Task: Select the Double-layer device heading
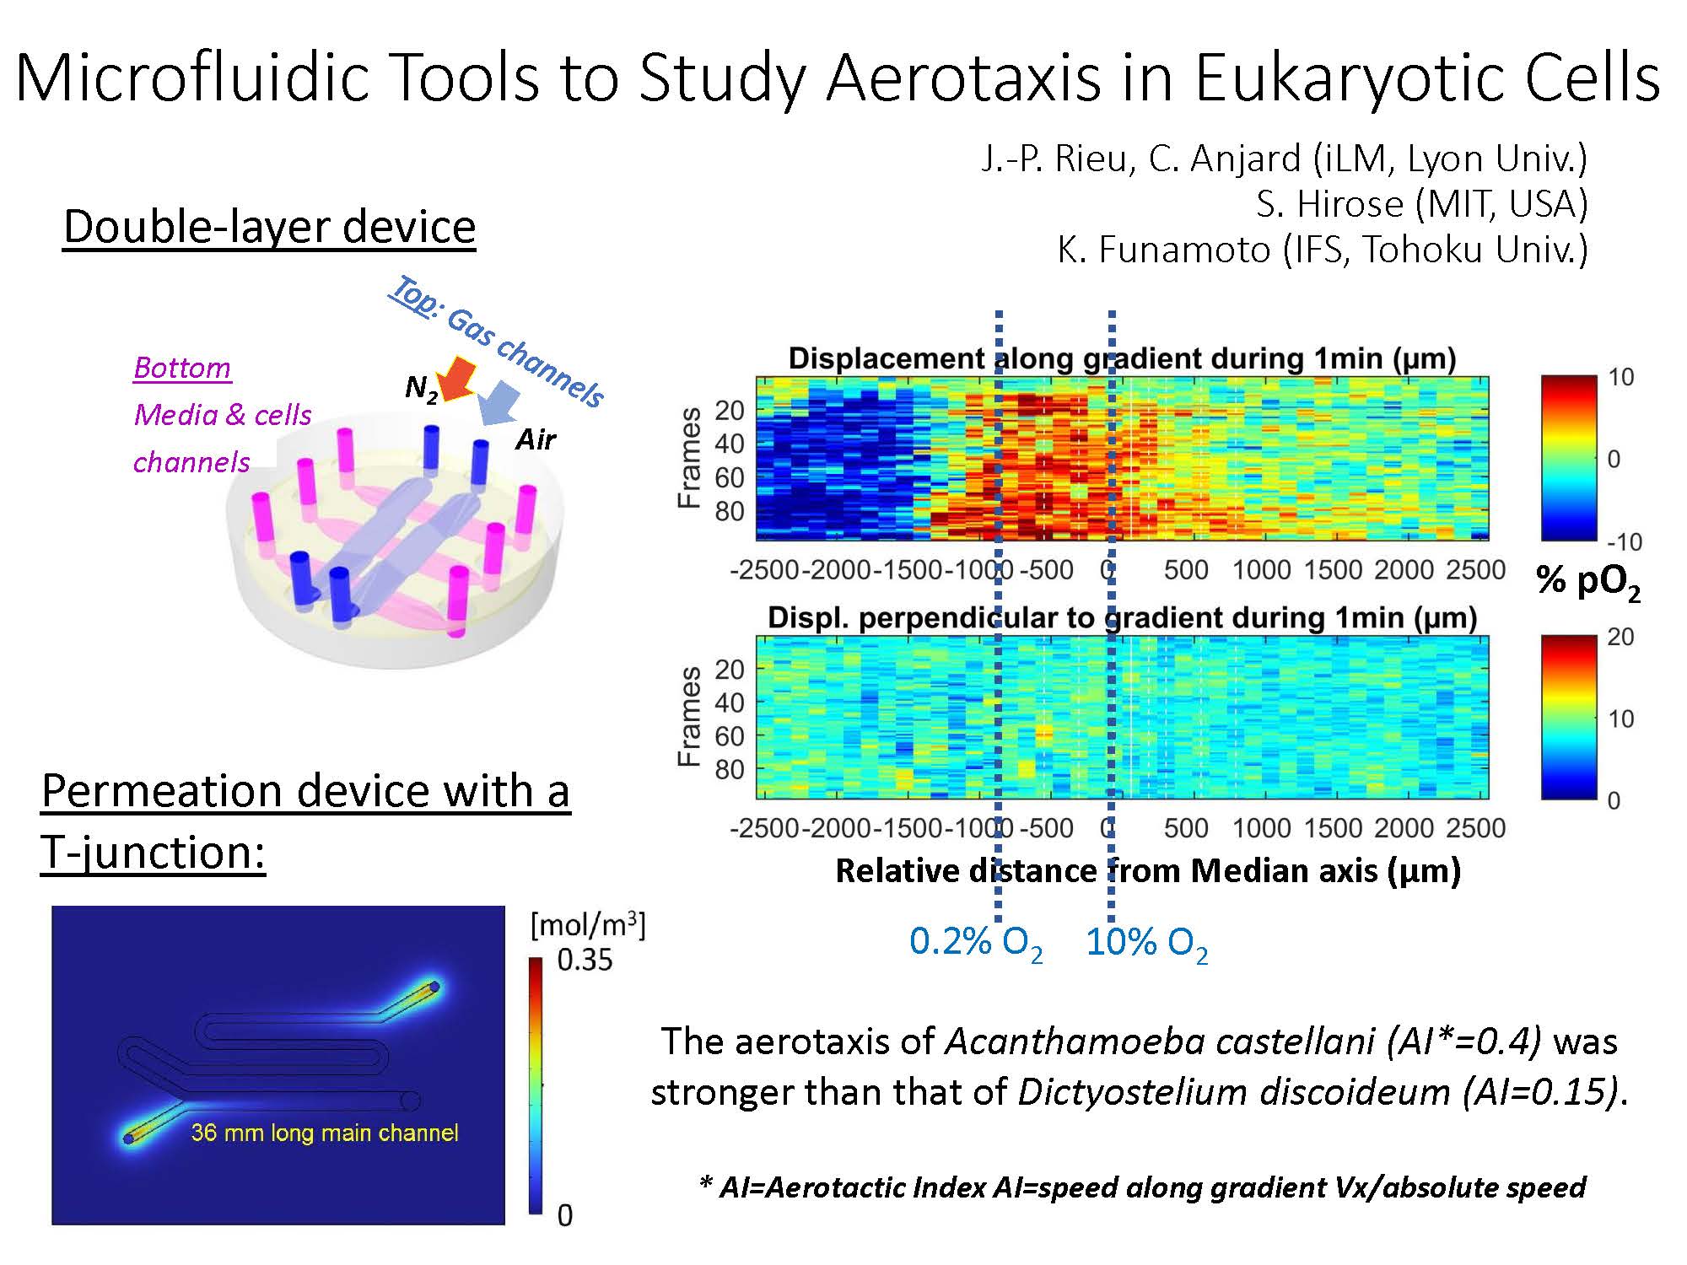pos(270,227)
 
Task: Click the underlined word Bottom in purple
pos(182,369)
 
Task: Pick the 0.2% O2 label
pos(976,944)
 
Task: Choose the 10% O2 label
pos(1146,944)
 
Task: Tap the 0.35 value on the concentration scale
pos(585,960)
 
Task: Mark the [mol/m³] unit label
pos(588,925)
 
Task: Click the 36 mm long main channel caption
pos(325,1133)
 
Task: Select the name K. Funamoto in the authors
pos(1164,250)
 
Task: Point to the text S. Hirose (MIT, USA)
pos(1421,204)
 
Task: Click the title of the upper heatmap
pos(1122,359)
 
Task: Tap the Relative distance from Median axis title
pos(1148,871)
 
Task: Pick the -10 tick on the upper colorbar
pos(1625,541)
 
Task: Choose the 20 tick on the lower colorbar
pos(1620,637)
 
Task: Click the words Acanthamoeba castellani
pos(1161,1042)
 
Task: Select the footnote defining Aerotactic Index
pos(1143,1187)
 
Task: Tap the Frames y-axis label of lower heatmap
pos(690,717)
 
